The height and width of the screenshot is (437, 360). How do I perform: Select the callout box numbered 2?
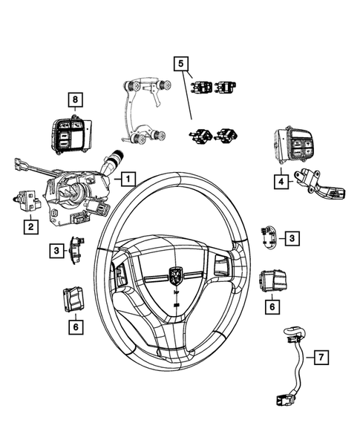(30, 227)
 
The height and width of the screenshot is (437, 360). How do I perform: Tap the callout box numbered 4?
(281, 180)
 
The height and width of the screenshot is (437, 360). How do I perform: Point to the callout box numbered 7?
(320, 359)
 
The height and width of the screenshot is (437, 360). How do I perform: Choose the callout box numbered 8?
(74, 99)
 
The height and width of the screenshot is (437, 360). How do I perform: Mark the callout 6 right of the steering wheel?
(272, 305)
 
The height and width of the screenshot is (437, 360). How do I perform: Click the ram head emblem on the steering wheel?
(177, 275)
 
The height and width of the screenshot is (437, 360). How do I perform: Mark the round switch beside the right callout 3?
(269, 237)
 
